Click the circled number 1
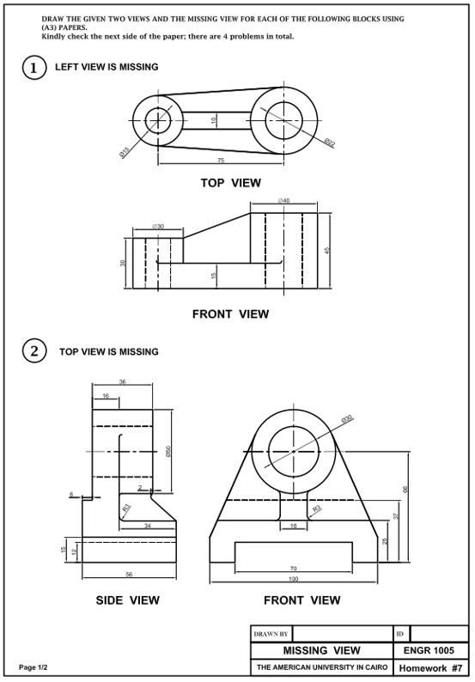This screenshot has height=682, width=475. (x=33, y=68)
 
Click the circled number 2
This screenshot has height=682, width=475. (x=33, y=351)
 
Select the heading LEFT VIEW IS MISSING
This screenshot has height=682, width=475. (x=107, y=67)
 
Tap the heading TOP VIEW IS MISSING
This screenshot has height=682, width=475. (x=109, y=352)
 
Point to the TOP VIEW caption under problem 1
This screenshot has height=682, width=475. (x=230, y=183)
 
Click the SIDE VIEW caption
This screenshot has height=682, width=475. (x=127, y=600)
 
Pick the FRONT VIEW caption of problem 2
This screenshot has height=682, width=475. (x=301, y=600)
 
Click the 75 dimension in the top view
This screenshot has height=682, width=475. (x=221, y=161)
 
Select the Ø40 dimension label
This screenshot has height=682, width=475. (x=283, y=201)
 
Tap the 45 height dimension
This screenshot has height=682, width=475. (x=327, y=251)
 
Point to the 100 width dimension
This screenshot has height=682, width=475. (x=294, y=579)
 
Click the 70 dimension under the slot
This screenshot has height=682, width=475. (x=294, y=569)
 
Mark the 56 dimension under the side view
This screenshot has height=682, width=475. (x=129, y=574)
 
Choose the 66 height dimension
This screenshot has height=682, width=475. (x=405, y=489)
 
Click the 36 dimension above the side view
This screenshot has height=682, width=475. (x=122, y=381)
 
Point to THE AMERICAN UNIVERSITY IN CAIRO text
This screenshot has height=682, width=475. (x=322, y=667)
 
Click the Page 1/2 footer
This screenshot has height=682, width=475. (x=33, y=667)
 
